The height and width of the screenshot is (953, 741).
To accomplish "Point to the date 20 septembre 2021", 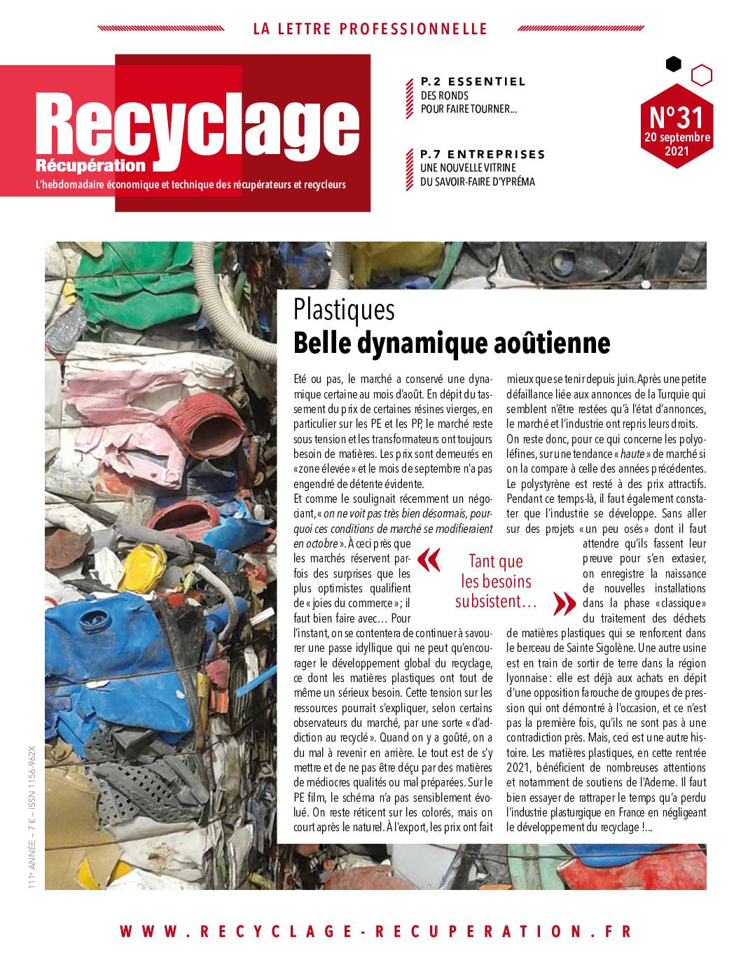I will coord(677,144).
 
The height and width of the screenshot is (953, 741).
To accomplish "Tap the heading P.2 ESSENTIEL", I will coord(473,81).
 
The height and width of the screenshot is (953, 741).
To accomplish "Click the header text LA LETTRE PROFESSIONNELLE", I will coord(370,29).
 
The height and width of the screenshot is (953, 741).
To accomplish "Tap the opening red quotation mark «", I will coord(429,559).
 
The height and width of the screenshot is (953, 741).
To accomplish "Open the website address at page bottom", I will coord(375,931).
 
